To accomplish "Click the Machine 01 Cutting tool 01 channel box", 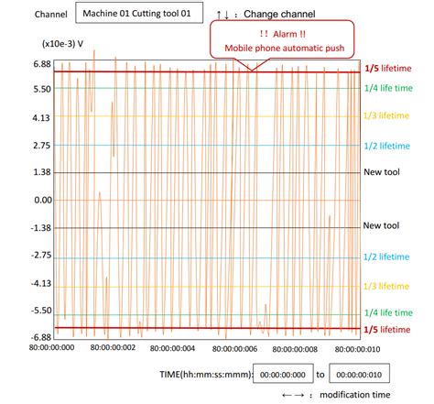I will coord(136,16).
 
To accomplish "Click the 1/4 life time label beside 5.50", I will coord(389,88).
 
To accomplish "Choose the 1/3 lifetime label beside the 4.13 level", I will coord(387,117).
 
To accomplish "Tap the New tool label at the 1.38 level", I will coord(382,172).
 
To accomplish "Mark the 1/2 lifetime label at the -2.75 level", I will coord(387,258).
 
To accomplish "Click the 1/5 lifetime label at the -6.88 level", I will coord(387,329).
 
